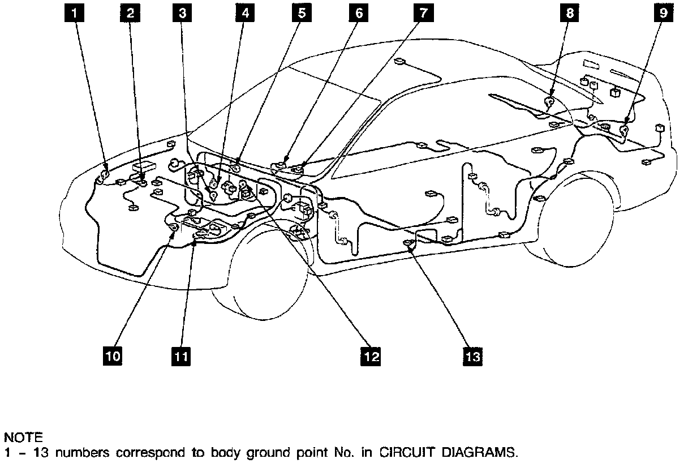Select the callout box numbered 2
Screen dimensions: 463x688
[x=130, y=13]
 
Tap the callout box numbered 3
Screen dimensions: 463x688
[x=182, y=13]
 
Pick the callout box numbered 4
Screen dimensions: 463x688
[x=244, y=13]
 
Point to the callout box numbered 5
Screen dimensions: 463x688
[x=302, y=13]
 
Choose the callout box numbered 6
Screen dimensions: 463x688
[x=359, y=13]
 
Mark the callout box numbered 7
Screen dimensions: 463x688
[x=421, y=13]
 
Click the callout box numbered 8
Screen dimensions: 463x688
[x=570, y=13]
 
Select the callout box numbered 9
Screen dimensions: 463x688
[x=664, y=13]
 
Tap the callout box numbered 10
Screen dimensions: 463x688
[x=113, y=356]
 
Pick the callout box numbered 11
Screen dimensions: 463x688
[x=180, y=356]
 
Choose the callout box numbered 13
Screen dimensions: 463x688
[x=473, y=356]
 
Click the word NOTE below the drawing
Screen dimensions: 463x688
[x=23, y=438]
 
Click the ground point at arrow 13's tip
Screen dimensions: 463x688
[x=408, y=244]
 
